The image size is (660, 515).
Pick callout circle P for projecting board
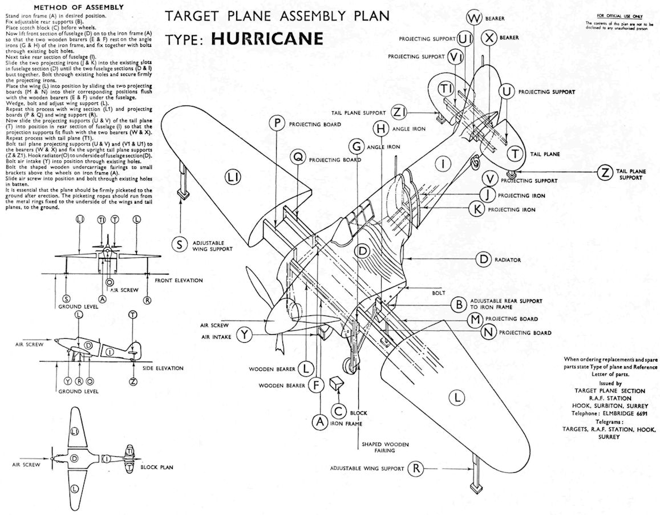(277, 124)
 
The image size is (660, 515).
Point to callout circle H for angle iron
(381, 129)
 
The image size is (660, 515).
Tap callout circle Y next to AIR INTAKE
(245, 335)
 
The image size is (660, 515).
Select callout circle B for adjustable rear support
(457, 304)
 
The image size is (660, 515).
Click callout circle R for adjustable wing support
(417, 468)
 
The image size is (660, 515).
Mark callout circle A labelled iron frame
(320, 422)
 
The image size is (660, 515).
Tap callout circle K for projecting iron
(475, 209)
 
